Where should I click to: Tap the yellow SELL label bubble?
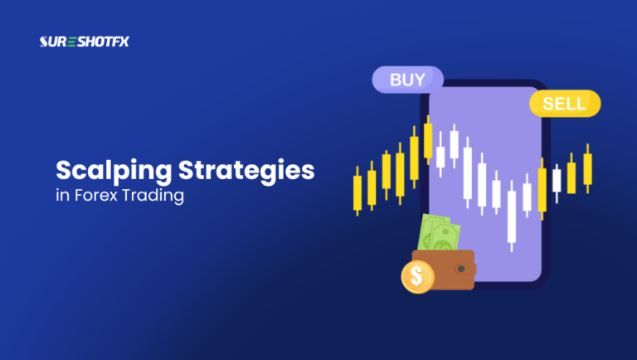pos(564,104)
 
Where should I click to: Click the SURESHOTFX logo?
pos(79,41)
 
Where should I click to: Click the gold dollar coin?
pos(417,275)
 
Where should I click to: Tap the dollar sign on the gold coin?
pos(417,275)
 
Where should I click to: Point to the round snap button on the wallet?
pos(461,270)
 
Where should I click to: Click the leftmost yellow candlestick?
pos(357,191)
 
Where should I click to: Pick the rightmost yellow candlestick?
pos(587,168)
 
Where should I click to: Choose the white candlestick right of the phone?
pos(557,178)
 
